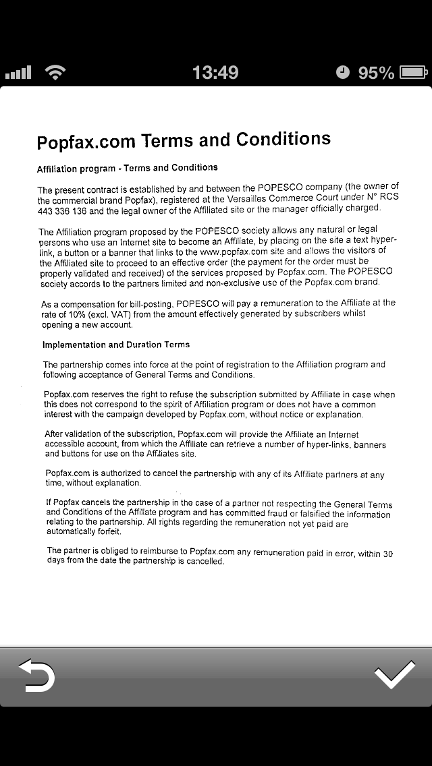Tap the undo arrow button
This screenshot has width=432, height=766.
tap(36, 676)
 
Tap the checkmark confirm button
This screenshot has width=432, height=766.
tap(395, 676)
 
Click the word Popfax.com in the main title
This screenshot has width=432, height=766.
tap(87, 142)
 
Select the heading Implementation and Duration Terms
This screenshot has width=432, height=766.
tap(116, 345)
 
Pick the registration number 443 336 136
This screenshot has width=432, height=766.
tap(62, 211)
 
